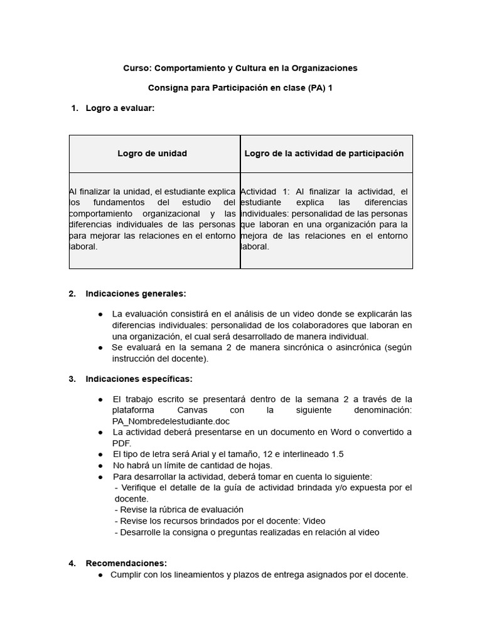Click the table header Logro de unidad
point(153,154)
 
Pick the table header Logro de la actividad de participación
point(324,154)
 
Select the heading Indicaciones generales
point(136,293)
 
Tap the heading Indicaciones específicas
point(139,379)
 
